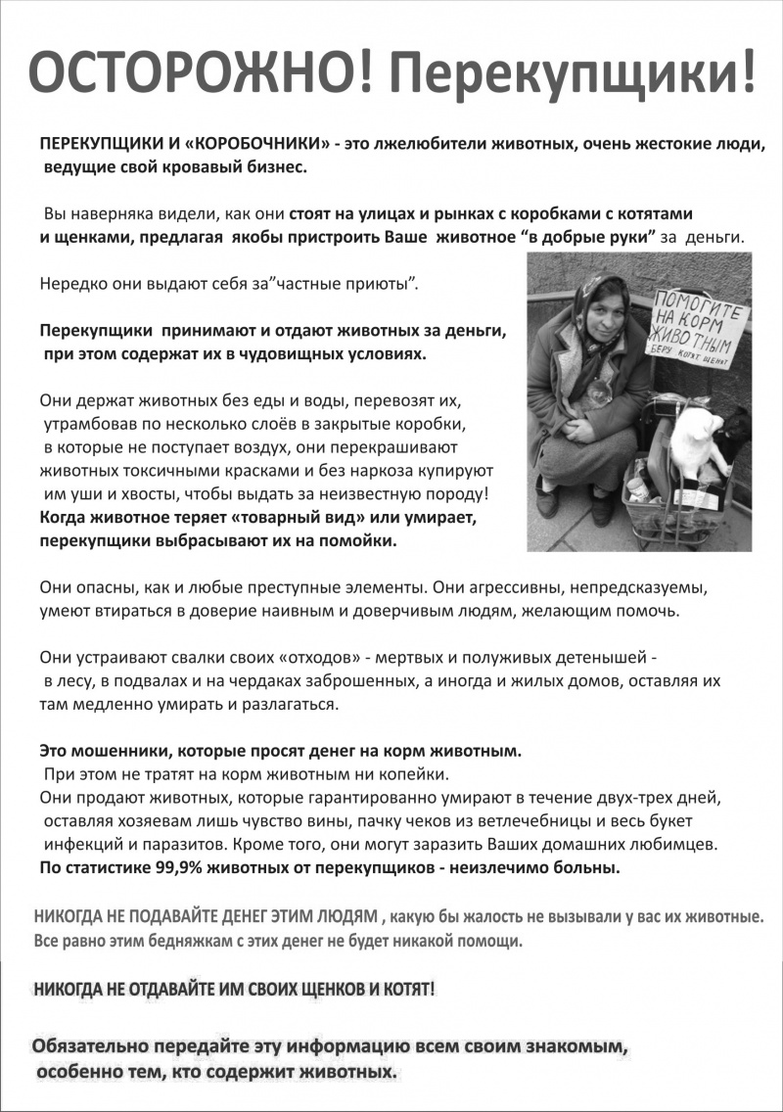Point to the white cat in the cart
[697, 440]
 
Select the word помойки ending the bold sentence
[361, 539]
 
